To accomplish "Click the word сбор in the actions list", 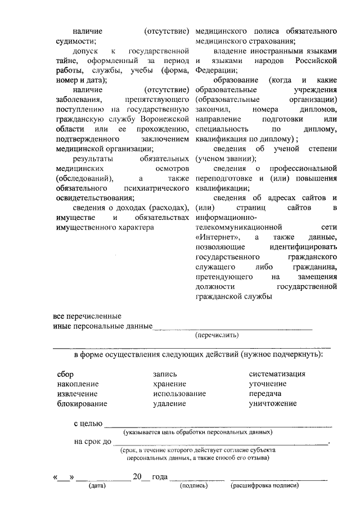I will tap(65, 374).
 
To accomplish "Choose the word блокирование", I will tap(82, 403).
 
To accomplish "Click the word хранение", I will tap(169, 384).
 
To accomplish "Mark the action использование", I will tap(179, 394).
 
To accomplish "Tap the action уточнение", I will tap(268, 384).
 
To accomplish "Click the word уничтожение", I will tap(273, 403).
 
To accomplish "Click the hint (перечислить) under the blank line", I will tap(217, 335).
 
